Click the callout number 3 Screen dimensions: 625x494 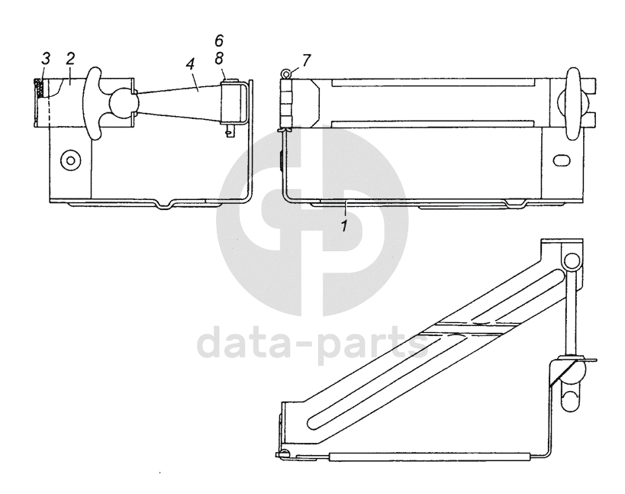[x=46, y=60]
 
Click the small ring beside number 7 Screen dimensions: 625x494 [x=284, y=74]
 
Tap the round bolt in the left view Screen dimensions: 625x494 [x=71, y=160]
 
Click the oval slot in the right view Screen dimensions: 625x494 [x=562, y=161]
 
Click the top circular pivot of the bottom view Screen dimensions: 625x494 [x=572, y=262]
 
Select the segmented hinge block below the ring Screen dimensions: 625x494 [x=288, y=103]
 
